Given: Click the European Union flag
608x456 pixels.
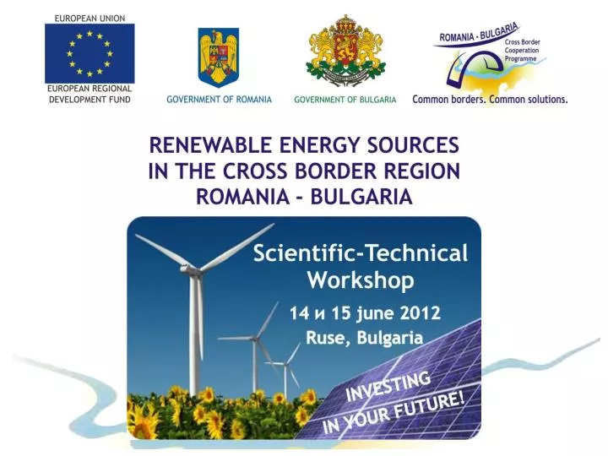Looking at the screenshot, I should (x=89, y=53).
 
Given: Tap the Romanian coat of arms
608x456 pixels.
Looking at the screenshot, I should (x=218, y=57).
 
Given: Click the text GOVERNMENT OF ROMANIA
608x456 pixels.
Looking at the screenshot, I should (x=219, y=100).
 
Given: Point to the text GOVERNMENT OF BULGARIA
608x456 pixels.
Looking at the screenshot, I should (x=345, y=100).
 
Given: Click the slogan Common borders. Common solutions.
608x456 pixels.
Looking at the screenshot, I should (x=490, y=100).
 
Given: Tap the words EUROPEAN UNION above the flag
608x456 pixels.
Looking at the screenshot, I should (x=90, y=18).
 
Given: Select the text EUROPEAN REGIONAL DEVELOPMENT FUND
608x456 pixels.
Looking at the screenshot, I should (x=90, y=94).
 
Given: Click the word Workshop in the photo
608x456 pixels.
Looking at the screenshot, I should (x=361, y=280).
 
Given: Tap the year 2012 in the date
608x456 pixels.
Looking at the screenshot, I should (x=420, y=313).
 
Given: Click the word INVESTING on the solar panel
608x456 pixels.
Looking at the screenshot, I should (x=388, y=385).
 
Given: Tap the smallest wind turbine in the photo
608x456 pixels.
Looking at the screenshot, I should (x=285, y=365).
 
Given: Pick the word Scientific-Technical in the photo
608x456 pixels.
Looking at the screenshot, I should (x=361, y=252).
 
